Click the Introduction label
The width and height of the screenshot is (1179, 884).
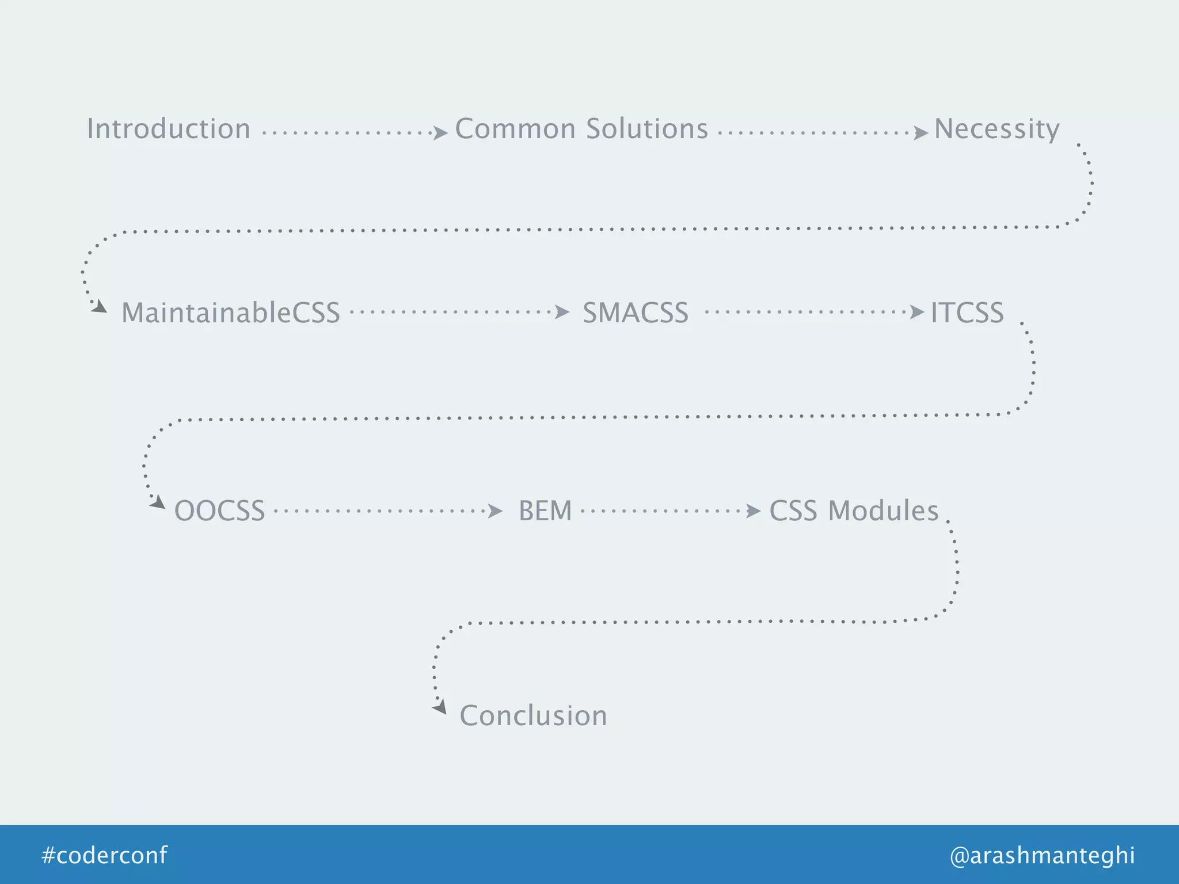pyautogui.click(x=169, y=129)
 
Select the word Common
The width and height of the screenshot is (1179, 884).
pyautogui.click(x=515, y=129)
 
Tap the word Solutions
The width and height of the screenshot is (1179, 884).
pyautogui.click(x=647, y=129)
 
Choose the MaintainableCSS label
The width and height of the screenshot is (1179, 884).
pyautogui.click(x=231, y=313)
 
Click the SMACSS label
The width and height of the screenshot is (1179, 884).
pyautogui.click(x=636, y=313)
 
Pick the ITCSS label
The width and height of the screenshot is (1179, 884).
pyautogui.click(x=967, y=313)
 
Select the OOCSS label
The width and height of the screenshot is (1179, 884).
pyautogui.click(x=219, y=511)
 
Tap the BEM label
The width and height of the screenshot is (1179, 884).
pyautogui.click(x=545, y=511)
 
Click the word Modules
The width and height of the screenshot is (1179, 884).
pyautogui.click(x=883, y=511)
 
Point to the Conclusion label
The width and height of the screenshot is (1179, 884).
pyautogui.click(x=533, y=716)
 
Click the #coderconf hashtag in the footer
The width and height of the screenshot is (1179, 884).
pyautogui.click(x=105, y=855)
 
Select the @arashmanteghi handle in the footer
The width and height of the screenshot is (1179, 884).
pyautogui.click(x=1043, y=855)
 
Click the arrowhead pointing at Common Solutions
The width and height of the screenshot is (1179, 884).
pyautogui.click(x=440, y=134)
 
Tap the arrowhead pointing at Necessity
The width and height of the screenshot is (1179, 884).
pyautogui.click(x=921, y=134)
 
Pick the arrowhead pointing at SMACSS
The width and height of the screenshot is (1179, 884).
pyautogui.click(x=562, y=313)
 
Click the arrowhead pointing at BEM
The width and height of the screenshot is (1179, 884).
pyautogui.click(x=495, y=510)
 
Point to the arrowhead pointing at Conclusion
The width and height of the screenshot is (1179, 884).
pyautogui.click(x=440, y=707)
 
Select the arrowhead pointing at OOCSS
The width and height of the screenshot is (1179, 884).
pyautogui.click(x=158, y=503)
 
